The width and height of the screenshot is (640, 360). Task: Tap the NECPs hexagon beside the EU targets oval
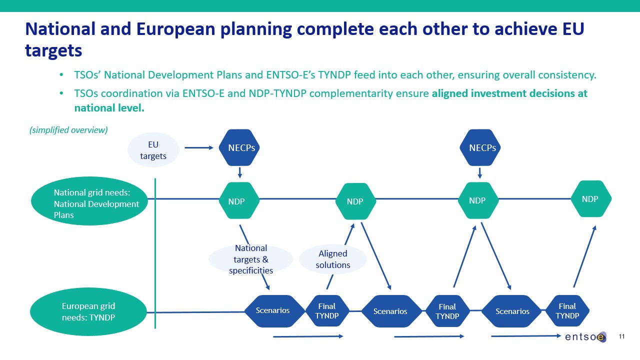[240, 147]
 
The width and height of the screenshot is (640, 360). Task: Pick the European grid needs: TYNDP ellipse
[89, 311]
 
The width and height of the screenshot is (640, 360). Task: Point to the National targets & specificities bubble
[250, 259]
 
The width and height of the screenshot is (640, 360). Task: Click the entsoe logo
[585, 337]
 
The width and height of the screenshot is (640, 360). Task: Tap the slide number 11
[622, 336]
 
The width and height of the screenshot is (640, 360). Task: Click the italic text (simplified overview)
[68, 130]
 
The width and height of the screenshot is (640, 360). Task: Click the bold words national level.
[109, 107]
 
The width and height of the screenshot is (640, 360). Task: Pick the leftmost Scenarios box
[273, 310]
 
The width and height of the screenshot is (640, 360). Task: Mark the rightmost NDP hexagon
[590, 199]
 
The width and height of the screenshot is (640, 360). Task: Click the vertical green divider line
[155, 253]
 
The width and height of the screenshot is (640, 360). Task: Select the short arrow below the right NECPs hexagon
[480, 172]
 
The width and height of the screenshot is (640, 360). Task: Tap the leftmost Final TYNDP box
[327, 311]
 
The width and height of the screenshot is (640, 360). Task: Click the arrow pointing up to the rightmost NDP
[584, 256]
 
